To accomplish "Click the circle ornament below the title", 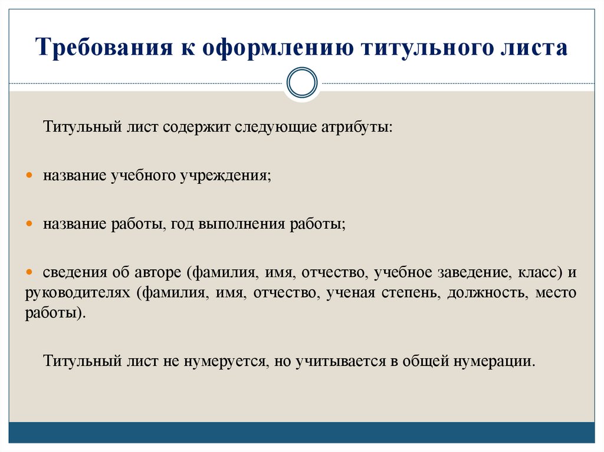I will pyautogui.click(x=301, y=83).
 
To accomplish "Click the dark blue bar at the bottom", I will pyautogui.click(x=301, y=432).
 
